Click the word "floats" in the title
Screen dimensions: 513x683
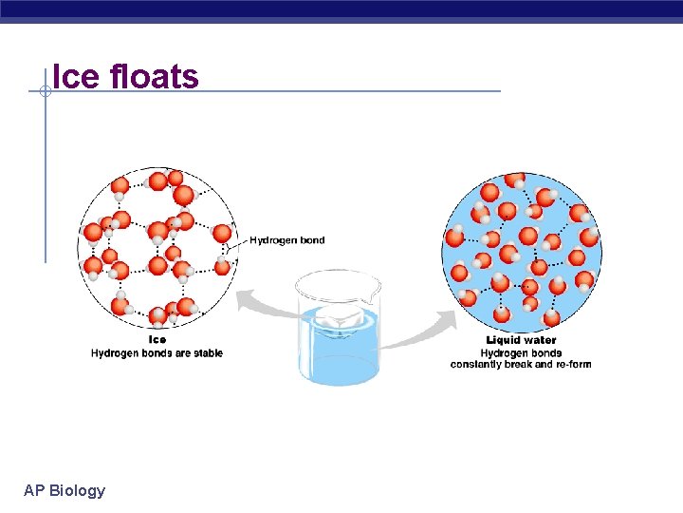tap(155, 76)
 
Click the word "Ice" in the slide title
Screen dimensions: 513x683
tap(77, 76)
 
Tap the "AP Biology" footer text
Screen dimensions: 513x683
tap(65, 490)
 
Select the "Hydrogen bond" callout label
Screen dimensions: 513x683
tap(286, 240)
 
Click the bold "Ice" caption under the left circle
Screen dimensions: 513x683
tap(157, 339)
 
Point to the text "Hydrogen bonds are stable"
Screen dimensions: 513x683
tap(157, 353)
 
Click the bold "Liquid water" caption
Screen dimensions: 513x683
tap(521, 340)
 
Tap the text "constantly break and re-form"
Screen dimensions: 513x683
tap(521, 365)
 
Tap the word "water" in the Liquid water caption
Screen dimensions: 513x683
tap(540, 340)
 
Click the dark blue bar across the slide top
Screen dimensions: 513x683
tap(341, 10)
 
